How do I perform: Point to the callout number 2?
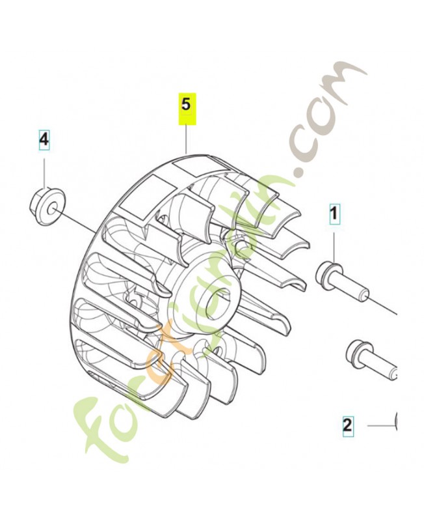[347, 426]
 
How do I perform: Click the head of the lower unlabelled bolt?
[357, 350]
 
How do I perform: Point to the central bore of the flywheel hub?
[217, 301]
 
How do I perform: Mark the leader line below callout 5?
[187, 138]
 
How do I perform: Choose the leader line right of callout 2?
[380, 426]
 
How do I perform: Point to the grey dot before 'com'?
[298, 172]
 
